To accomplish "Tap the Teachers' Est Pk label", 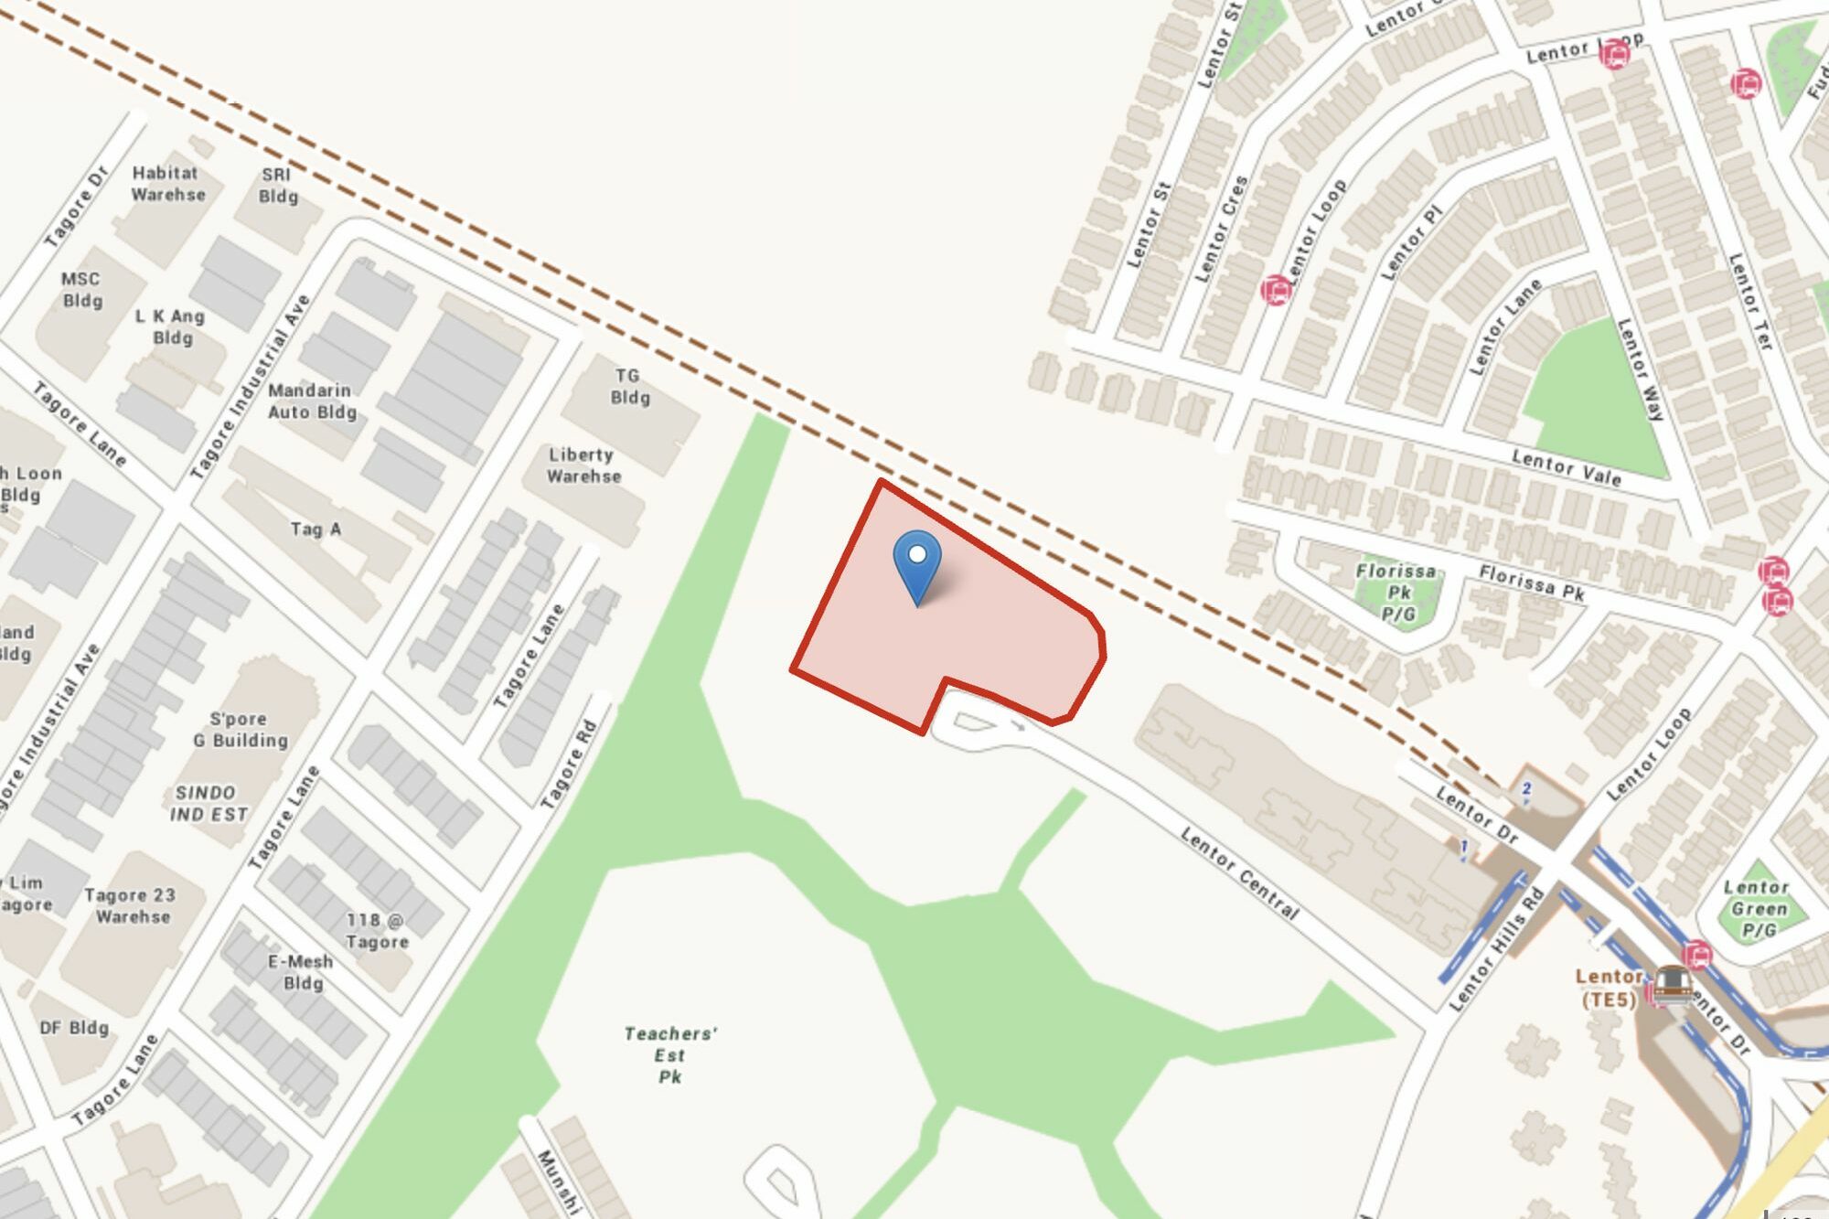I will point(670,1054).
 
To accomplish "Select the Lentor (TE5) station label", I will point(1609,988).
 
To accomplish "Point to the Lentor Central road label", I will point(1239,872).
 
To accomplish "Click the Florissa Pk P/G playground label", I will point(1396,592).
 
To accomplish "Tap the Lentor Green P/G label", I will point(1758,908).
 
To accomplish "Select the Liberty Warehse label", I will point(583,465).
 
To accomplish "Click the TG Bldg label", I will point(629,386).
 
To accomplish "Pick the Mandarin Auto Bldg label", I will point(311,401).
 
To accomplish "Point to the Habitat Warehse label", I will point(167,183).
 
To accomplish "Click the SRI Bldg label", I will point(277,185).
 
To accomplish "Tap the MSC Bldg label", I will point(81,289).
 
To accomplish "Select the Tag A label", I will point(316,529).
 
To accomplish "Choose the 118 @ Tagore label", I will point(376,930).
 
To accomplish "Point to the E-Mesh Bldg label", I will point(301,972).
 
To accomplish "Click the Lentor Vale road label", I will point(1566,467).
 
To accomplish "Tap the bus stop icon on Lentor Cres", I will point(1276,290).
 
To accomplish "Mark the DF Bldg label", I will point(74,1027).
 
